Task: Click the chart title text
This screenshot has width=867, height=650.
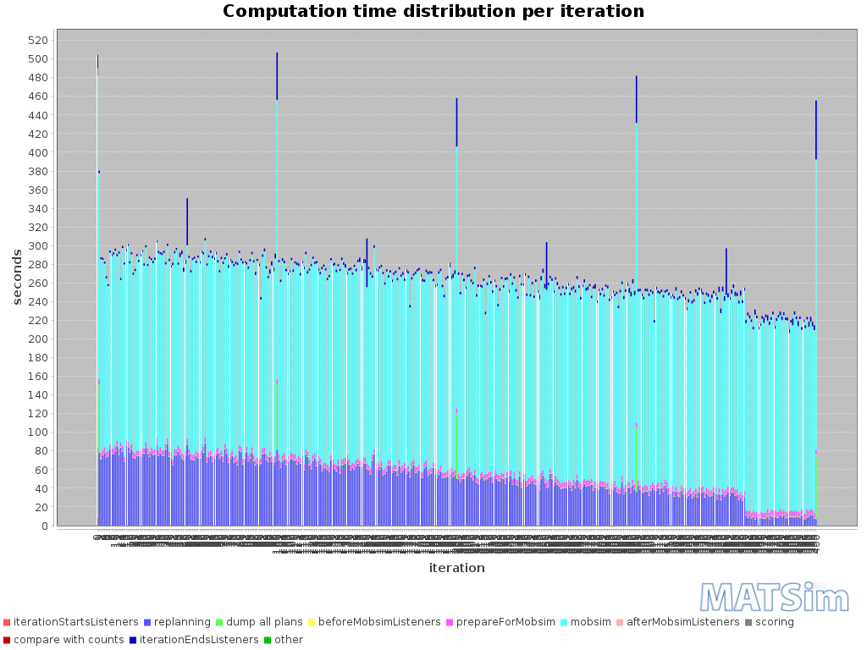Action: click(433, 12)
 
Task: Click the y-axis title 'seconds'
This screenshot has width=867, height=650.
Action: click(17, 277)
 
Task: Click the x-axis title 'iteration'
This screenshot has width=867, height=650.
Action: click(456, 568)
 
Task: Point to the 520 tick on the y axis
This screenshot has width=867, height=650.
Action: click(37, 41)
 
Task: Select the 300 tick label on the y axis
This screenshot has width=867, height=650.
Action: click(37, 246)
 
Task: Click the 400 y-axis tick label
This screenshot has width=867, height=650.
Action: click(37, 152)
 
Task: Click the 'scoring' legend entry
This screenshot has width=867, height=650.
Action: click(770, 622)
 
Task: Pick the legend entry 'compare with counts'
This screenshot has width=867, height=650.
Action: click(68, 640)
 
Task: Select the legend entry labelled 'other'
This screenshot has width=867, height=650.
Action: click(288, 640)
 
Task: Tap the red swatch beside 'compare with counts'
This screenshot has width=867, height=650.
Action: click(7, 640)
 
